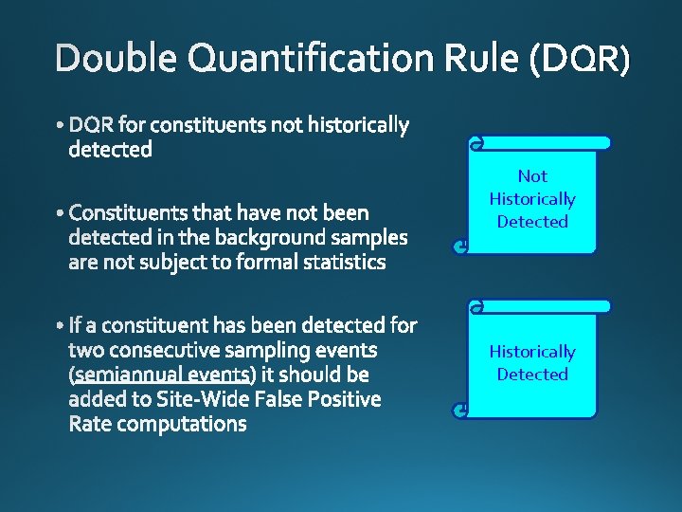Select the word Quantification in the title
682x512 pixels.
coord(311,60)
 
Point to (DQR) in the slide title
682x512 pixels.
coord(580,60)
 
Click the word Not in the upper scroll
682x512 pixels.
coord(532,176)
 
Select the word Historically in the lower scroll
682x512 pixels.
coord(532,352)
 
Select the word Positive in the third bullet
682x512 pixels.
coord(341,400)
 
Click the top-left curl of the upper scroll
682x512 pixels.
coord(476,143)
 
